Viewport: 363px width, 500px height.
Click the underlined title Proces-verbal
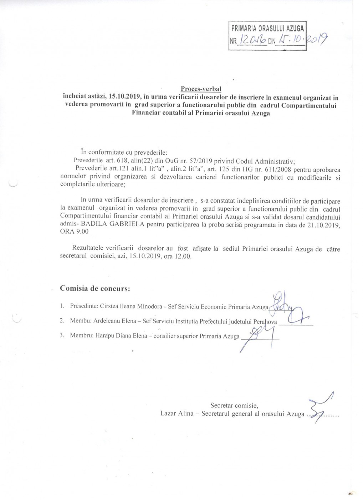[201, 89]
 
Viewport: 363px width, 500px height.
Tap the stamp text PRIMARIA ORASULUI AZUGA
[267, 27]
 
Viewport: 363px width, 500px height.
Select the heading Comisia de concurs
[95, 288]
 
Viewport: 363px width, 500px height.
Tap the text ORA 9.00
[75, 231]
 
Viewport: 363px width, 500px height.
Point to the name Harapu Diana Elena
[120, 336]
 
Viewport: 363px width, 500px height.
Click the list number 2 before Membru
[62, 321]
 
